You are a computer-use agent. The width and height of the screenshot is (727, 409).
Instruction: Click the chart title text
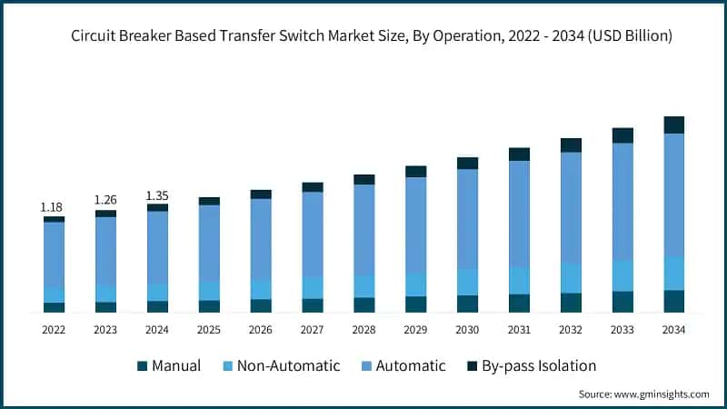[363, 36]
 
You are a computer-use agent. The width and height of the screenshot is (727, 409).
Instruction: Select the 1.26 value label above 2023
[105, 200]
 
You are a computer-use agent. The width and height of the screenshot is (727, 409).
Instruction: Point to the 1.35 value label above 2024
[157, 195]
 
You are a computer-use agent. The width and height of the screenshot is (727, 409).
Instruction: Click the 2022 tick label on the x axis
[54, 330]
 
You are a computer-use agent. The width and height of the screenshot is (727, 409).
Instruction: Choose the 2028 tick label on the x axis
[363, 330]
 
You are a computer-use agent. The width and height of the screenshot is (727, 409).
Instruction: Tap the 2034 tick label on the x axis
[673, 330]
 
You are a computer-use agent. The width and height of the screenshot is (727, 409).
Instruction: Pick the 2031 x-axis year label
[519, 330]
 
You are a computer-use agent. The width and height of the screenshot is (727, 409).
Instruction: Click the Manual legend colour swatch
[142, 366]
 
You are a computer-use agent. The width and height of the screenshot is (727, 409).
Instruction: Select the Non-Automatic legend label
[288, 366]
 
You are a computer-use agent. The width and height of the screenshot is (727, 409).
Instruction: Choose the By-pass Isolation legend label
[540, 366]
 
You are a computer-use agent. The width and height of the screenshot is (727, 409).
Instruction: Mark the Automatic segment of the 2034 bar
[673, 195]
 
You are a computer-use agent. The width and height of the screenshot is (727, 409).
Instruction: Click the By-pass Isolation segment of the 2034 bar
[673, 125]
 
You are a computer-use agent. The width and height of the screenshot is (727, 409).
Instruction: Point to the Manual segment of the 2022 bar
[54, 307]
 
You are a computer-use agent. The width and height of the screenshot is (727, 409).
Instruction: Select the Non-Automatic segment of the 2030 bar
[467, 282]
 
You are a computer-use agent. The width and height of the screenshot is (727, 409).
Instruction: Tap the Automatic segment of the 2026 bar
[261, 239]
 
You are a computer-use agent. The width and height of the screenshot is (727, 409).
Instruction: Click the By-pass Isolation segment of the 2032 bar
[571, 145]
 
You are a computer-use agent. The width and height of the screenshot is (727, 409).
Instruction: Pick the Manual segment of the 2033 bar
[622, 302]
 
